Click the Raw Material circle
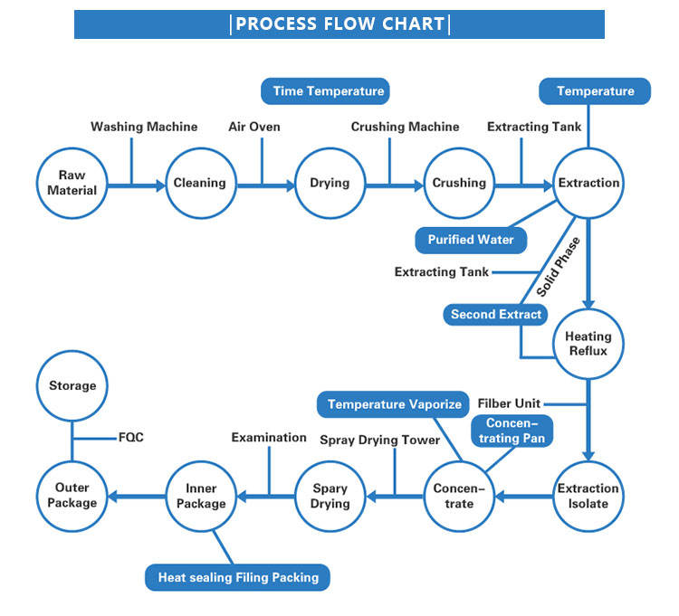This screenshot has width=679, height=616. click(72, 184)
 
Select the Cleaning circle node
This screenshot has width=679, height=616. click(199, 184)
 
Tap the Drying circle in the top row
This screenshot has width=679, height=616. click(330, 184)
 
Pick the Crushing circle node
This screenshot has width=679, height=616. click(459, 184)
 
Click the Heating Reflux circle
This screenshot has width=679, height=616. click(588, 344)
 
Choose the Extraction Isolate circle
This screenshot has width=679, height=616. click(588, 496)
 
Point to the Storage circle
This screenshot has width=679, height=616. click(72, 386)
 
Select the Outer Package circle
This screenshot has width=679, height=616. click(72, 496)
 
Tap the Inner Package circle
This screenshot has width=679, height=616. click(200, 496)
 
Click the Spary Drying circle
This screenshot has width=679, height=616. click(330, 496)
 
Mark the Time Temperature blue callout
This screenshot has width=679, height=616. click(329, 91)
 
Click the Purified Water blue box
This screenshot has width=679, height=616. click(470, 240)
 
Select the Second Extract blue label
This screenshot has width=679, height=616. click(497, 315)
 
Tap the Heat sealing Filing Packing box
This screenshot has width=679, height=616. click(238, 577)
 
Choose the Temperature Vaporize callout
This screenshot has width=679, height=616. click(394, 404)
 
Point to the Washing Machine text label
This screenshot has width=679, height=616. click(144, 127)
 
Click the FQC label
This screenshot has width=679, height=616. click(131, 438)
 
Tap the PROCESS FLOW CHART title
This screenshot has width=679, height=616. click(339, 24)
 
